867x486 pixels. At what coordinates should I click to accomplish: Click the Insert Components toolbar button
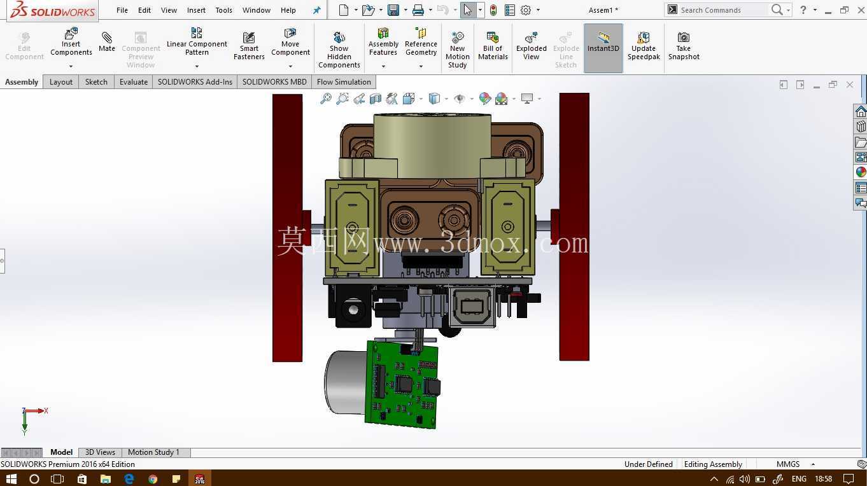coord(71,42)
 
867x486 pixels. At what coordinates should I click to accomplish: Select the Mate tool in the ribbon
coord(106,42)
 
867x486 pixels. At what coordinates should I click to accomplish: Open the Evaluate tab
coord(134,82)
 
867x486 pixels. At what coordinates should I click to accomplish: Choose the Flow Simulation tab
coord(344,82)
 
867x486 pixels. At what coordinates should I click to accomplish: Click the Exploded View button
coord(531,46)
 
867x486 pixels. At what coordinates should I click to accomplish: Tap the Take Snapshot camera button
coord(684,46)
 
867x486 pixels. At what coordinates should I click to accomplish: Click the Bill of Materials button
coord(493,46)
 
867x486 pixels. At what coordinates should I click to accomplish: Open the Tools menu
coord(223,10)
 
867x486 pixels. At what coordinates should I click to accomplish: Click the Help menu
coord(288,10)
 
